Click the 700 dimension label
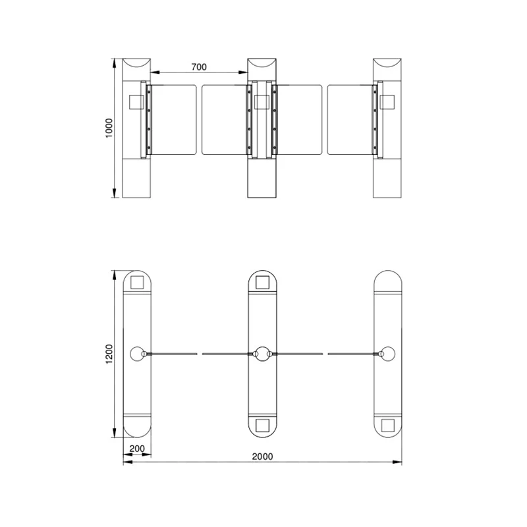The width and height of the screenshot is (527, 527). pyautogui.click(x=198, y=66)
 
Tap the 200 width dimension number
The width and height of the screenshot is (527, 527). pyautogui.click(x=137, y=449)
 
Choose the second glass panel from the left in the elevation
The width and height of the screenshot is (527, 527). pyautogui.click(x=224, y=119)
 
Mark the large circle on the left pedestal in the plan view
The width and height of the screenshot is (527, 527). pyautogui.click(x=138, y=354)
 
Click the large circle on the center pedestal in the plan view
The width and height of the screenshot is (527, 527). pyautogui.click(x=263, y=354)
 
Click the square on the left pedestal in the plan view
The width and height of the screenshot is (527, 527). pyautogui.click(x=138, y=282)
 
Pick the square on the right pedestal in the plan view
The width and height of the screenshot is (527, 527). pyautogui.click(x=388, y=425)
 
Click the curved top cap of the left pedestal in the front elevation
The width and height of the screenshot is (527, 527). pyautogui.click(x=136, y=65)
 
